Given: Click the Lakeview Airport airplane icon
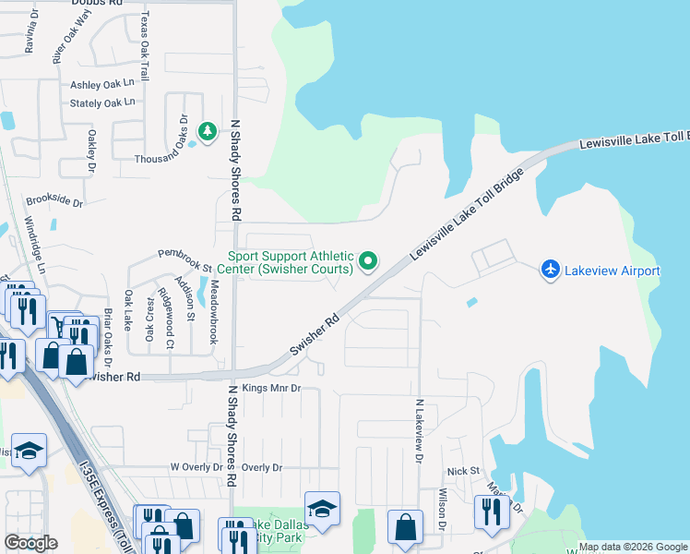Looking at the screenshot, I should coord(551,268).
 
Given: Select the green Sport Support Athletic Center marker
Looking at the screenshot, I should coord(369,261).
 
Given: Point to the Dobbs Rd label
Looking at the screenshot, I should coord(97,4).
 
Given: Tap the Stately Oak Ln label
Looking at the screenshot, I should coord(102,102).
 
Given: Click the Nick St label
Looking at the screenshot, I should coord(464,471).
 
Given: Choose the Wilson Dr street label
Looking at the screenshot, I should coord(443,510).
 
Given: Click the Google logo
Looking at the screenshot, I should coord(31,543).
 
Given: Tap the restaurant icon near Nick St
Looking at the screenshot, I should coord(487,511).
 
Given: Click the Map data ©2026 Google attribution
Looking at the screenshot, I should coord(633,547).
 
